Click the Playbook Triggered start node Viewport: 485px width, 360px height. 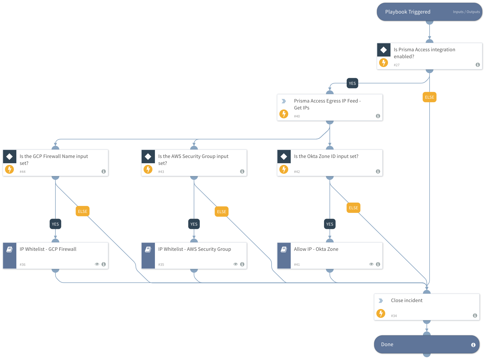coord(407,12)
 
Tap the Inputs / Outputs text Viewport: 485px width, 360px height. coord(466,12)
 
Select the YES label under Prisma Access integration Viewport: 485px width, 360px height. coord(352,83)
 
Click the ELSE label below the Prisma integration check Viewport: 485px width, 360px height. coord(429,97)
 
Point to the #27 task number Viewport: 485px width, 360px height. coord(397,65)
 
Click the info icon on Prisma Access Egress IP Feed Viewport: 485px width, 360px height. coord(378,116)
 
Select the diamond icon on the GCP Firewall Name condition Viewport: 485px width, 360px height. coord(10,157)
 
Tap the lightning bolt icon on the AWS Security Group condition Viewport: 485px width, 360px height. coord(148,169)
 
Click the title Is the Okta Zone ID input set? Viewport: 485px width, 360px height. coord(326,156)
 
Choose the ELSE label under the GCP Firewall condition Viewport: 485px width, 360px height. coord(83,211)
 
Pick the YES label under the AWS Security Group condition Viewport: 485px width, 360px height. coord(194,224)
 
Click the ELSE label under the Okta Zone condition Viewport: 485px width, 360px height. coord(353,208)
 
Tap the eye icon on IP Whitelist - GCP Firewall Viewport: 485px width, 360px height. coord(97,264)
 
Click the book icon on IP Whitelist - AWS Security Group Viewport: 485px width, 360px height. coord(148,249)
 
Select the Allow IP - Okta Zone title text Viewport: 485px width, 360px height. coord(316,249)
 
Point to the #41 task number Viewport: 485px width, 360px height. coord(297,265)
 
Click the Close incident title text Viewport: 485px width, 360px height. coord(407,300)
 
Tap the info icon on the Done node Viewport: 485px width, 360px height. coord(473,345)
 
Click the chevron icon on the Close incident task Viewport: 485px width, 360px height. coord(381,301)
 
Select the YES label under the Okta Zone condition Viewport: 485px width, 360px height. coord(330,224)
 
